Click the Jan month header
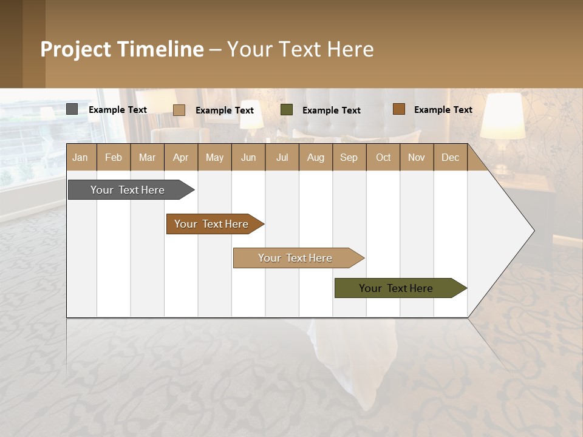point(80,157)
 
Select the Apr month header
point(180,157)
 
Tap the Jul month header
point(282,157)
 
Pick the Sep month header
point(349,157)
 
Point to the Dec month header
point(450,157)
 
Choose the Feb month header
point(114,157)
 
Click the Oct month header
point(383,157)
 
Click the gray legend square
point(72,109)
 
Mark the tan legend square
point(179,110)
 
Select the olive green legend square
point(287,110)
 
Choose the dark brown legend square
point(398,109)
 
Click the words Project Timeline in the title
point(122,49)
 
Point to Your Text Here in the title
point(300,49)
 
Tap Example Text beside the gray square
point(118,110)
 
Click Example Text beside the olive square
point(332,110)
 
